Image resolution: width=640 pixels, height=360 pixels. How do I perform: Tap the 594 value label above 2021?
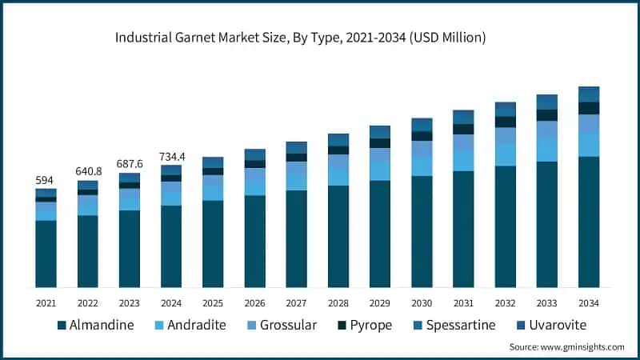pos(46,180)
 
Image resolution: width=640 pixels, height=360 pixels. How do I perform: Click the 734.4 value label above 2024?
pos(171,156)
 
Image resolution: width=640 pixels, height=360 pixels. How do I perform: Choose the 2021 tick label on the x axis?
pos(46,303)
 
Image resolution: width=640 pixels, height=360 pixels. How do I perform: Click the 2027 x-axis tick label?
pos(297,303)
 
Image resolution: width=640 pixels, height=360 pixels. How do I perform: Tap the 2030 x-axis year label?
pos(422,303)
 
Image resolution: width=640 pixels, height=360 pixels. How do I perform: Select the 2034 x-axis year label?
pos(589,303)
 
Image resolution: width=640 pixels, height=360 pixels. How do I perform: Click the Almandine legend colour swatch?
pos(61,326)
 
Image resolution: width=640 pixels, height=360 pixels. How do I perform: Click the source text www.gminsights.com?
pos(566,346)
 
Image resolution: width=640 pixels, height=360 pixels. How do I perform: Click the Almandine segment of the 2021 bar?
pos(46,254)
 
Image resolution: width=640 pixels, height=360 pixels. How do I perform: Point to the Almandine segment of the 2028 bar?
pos(338,236)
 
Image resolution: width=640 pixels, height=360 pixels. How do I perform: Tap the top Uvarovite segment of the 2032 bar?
pos(506,109)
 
